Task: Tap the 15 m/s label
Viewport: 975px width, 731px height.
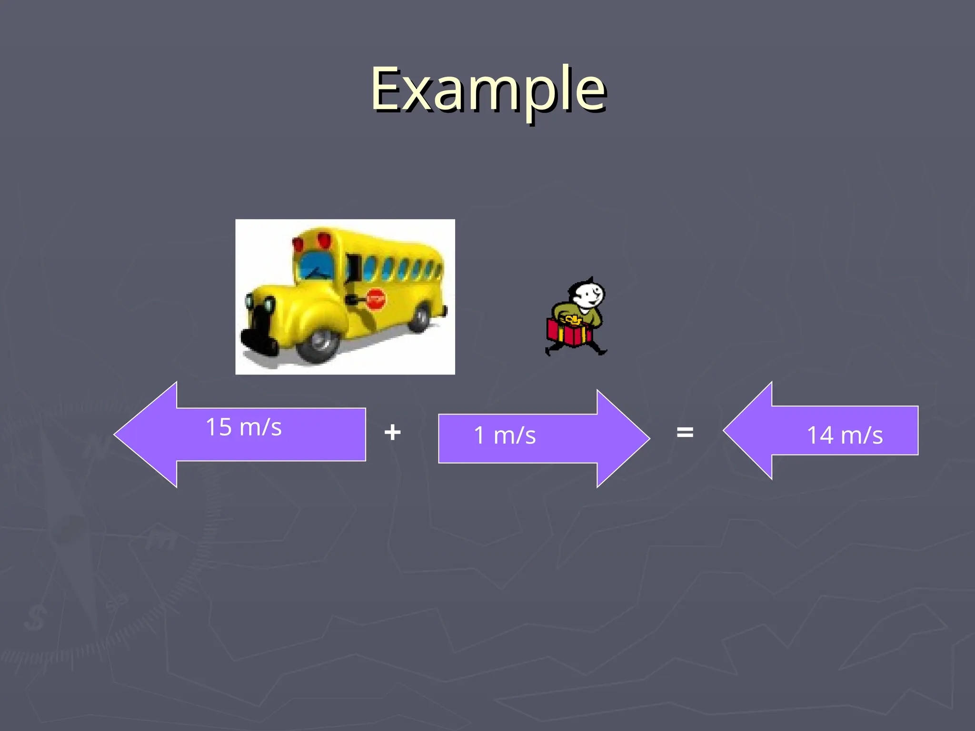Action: [x=244, y=427]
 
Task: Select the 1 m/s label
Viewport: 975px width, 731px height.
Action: [x=505, y=435]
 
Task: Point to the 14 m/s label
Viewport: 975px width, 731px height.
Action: [x=845, y=435]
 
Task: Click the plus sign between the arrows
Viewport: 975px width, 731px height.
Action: [x=392, y=433]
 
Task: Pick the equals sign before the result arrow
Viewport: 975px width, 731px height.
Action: [x=685, y=432]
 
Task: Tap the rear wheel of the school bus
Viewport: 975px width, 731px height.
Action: [x=420, y=318]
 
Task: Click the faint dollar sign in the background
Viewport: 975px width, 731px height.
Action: [x=34, y=618]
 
